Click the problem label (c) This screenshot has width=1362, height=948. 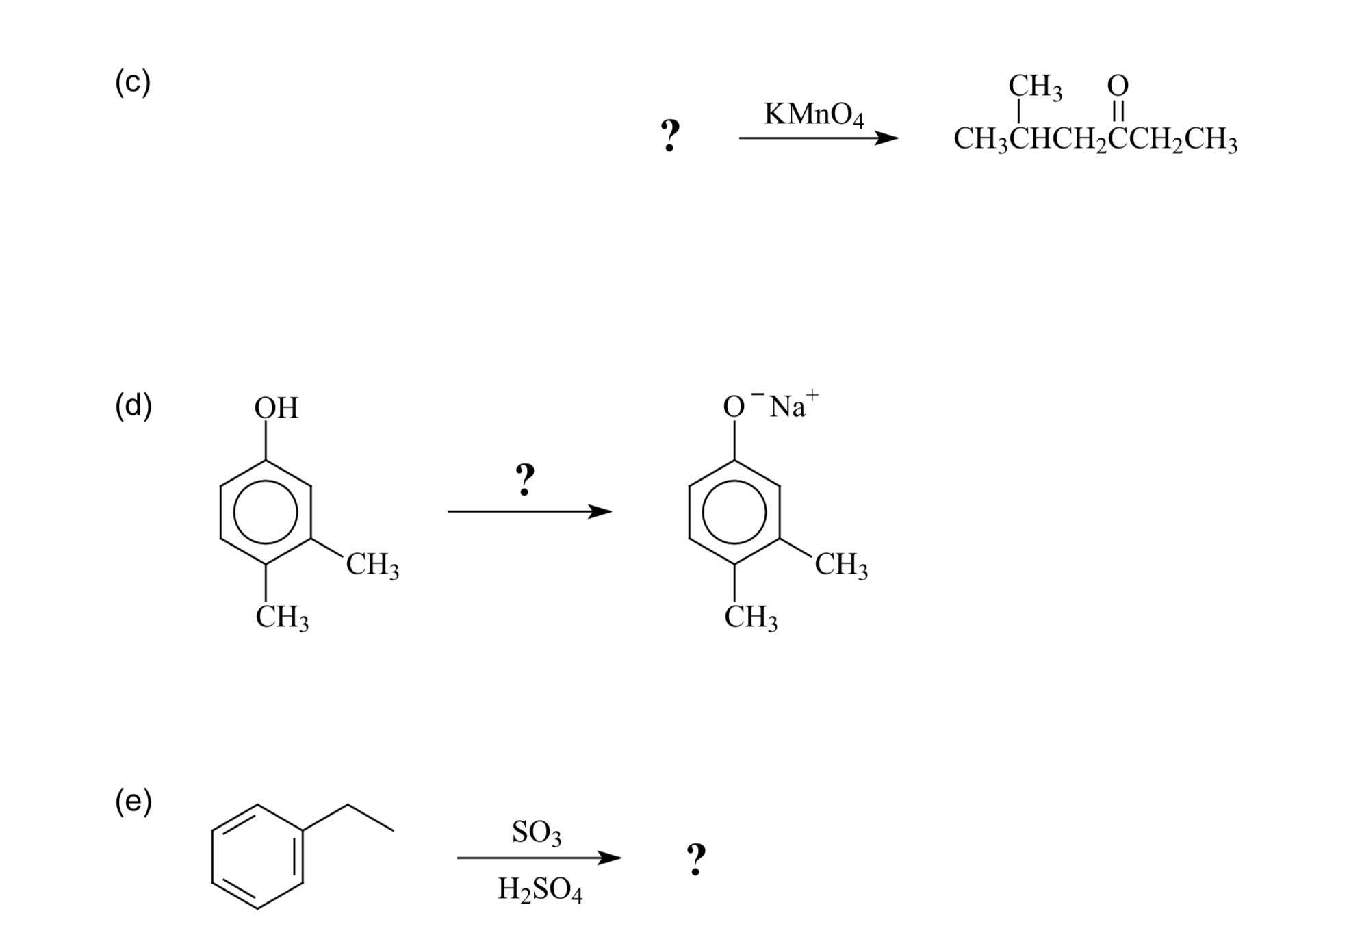tap(132, 82)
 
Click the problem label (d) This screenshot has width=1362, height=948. tap(133, 406)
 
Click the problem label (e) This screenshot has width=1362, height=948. tap(133, 802)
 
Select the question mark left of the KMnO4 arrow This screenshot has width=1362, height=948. tap(670, 135)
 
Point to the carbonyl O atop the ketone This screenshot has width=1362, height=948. tap(1118, 86)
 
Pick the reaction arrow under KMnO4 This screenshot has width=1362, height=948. tap(818, 138)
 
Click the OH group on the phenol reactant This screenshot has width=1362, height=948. tap(276, 408)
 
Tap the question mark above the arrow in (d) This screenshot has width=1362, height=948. tap(525, 479)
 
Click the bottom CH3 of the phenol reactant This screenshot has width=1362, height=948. tap(281, 617)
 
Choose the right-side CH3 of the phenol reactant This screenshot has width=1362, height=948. tap(372, 565)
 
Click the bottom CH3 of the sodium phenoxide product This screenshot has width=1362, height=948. tap(750, 617)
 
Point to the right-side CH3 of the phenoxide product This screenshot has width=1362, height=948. tap(840, 565)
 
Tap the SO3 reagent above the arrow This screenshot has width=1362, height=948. tap(536, 832)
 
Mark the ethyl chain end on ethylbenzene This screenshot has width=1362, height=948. tap(393, 830)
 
